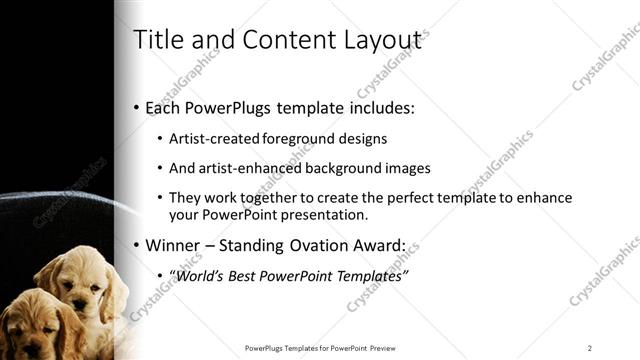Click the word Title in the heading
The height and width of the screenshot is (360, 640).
click(x=157, y=39)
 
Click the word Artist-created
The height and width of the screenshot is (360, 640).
click(x=213, y=139)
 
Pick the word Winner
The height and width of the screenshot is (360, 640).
click(x=175, y=245)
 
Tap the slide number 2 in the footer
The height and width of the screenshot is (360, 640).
click(x=590, y=348)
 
